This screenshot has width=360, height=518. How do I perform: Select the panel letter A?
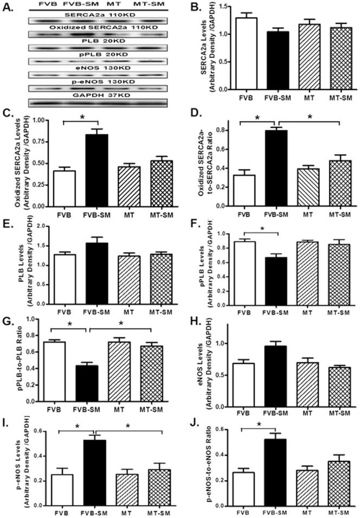(8, 7)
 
